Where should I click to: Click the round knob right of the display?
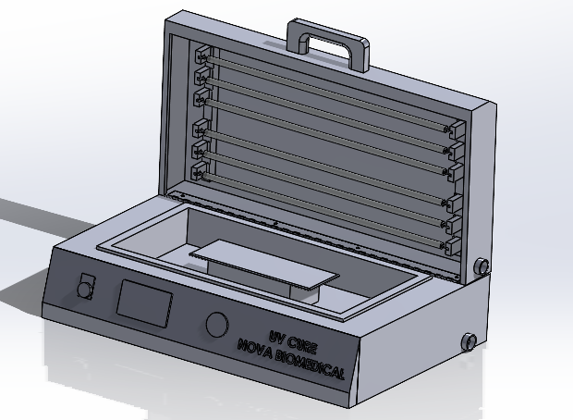coord(217,325)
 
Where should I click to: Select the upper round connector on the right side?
coord(481,268)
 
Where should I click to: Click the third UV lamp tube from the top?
coord(323,119)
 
